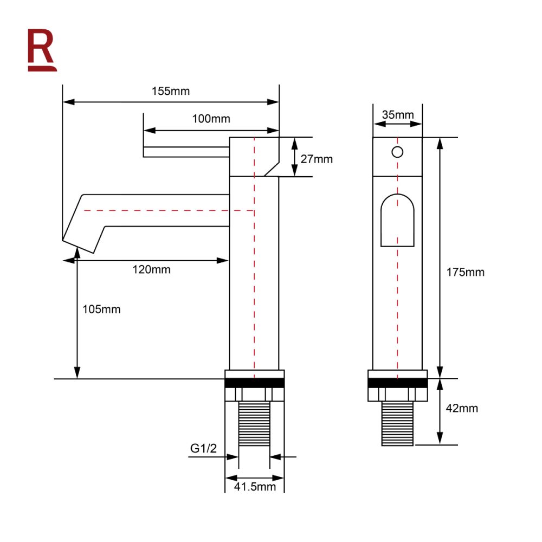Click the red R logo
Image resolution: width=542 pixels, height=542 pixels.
pos(42,50)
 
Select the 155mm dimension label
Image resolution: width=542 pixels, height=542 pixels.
pos(171,91)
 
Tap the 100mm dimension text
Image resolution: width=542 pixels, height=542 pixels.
pos(211,119)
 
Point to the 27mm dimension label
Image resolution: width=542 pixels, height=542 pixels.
pos(317,159)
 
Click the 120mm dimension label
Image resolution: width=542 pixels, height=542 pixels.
pos(151,269)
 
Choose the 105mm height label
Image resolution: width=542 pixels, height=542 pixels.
pos(102,309)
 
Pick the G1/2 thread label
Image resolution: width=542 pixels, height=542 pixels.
pos(203,448)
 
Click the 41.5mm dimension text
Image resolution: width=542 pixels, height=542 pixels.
pos(255,487)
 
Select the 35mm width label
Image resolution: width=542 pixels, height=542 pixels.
pos(398,115)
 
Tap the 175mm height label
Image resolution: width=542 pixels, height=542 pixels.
pos(465,273)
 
